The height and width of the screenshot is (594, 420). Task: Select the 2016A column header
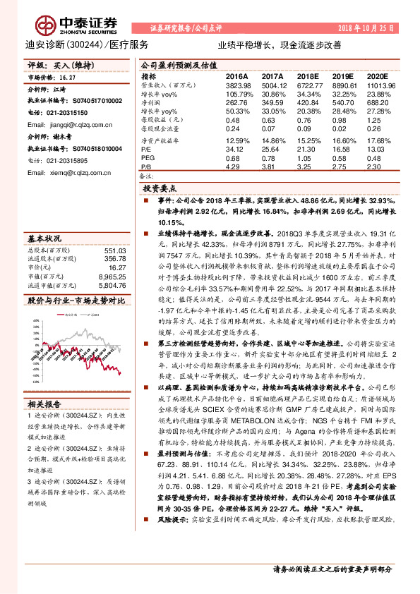point(236,76)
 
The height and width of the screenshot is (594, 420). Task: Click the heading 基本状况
point(48,238)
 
